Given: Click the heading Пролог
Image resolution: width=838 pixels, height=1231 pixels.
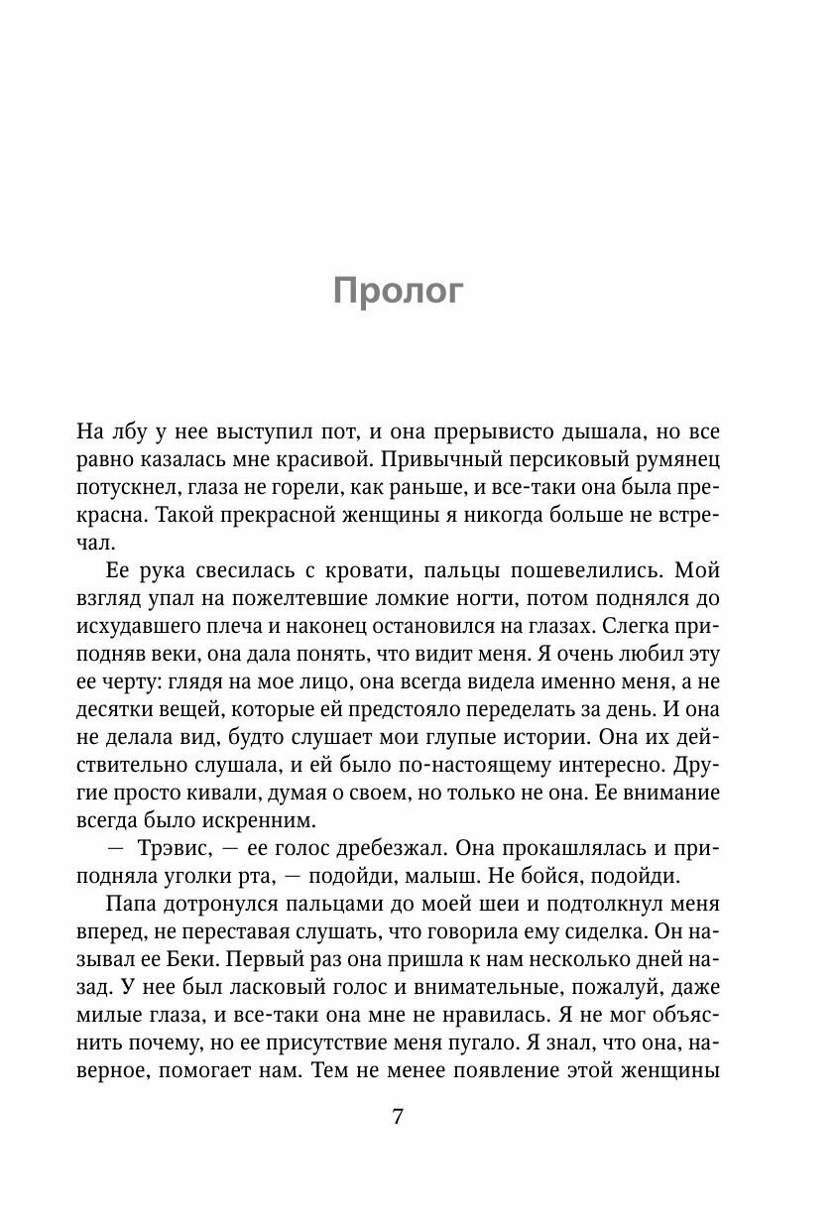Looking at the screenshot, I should click(398, 292).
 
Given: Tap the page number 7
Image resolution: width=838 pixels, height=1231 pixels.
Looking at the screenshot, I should click(398, 1117).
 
